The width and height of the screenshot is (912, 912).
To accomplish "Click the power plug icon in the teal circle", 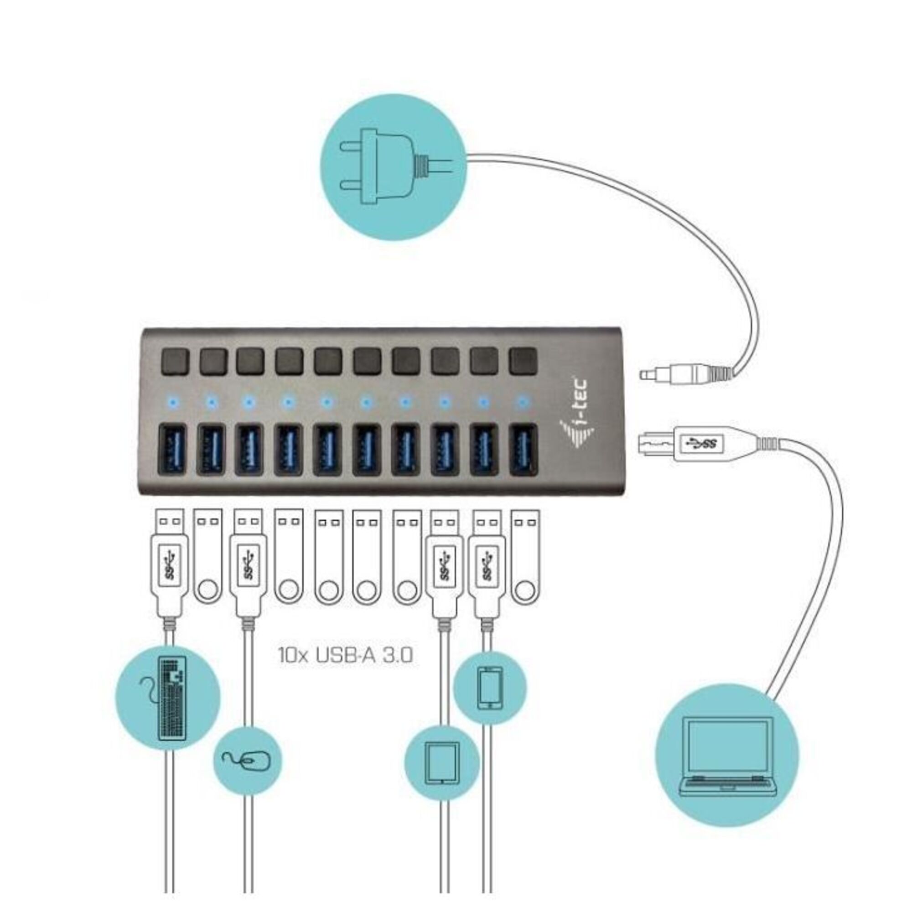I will click(392, 167).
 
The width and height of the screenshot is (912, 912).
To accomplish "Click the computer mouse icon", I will click(247, 761).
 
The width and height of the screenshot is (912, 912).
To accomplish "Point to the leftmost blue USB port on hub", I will click(173, 448).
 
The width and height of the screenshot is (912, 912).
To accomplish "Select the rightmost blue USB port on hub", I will click(523, 448).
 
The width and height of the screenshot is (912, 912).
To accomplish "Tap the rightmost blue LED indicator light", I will click(522, 402).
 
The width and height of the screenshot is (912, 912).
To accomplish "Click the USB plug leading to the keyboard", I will click(169, 562).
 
